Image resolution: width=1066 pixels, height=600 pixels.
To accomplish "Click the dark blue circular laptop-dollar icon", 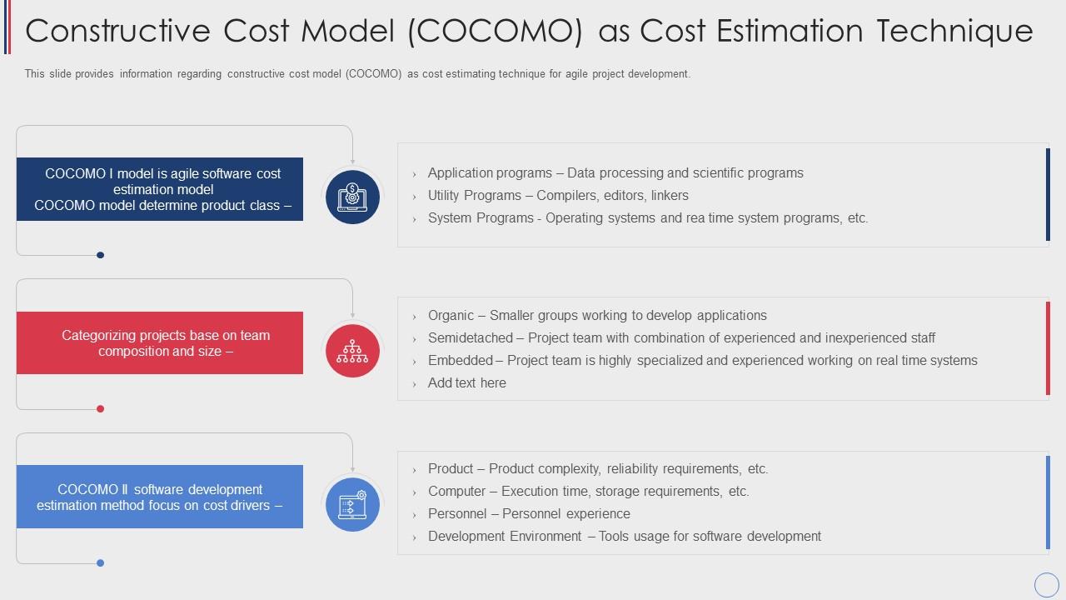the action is pos(352,197).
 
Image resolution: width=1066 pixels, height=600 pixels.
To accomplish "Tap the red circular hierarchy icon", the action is pos(352,351).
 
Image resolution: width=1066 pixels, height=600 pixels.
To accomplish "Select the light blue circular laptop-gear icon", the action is pos(352,504).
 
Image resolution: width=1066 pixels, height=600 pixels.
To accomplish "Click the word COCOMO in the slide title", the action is pos(496,32).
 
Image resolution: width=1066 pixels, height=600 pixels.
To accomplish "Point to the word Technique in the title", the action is pos(954,32).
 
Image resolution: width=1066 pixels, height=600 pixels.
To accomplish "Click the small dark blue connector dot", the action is pos(101,255).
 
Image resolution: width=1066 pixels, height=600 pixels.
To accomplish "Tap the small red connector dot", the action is pos(101,408).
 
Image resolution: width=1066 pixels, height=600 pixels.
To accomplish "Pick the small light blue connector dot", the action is pos(101,562).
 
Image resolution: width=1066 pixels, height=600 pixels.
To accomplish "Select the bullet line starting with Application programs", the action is pos(615,172).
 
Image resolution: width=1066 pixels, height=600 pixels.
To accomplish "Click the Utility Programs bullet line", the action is pos(558,195).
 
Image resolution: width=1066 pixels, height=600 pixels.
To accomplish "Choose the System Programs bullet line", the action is pos(648,217).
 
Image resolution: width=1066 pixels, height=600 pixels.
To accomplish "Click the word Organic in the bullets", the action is pos(451,315).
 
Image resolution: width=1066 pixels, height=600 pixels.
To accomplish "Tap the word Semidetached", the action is pos(471,337).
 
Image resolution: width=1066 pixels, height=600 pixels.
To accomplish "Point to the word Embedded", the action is pos(461,360).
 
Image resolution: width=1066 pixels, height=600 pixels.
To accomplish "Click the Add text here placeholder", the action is pos(467,382).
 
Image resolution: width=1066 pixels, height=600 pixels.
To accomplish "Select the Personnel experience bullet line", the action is pos(529,514).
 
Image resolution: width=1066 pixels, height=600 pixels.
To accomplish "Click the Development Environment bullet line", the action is pos(625,536).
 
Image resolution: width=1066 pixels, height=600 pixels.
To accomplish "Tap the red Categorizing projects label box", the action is pos(160,342).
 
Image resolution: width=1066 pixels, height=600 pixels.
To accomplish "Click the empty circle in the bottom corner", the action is pos(1047,584).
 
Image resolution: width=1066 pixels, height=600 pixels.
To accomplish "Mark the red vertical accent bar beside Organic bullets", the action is pos(1048,348).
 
